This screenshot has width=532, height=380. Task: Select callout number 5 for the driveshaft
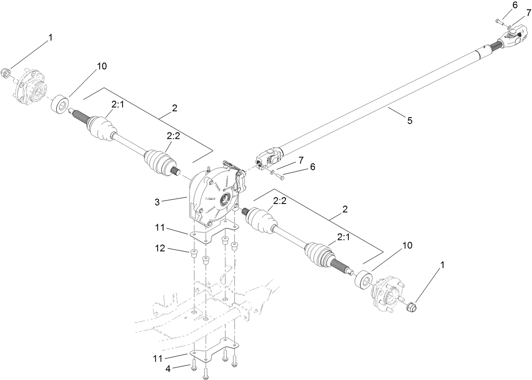pos(409,121)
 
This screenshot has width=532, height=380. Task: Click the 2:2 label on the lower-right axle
pos(280,202)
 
